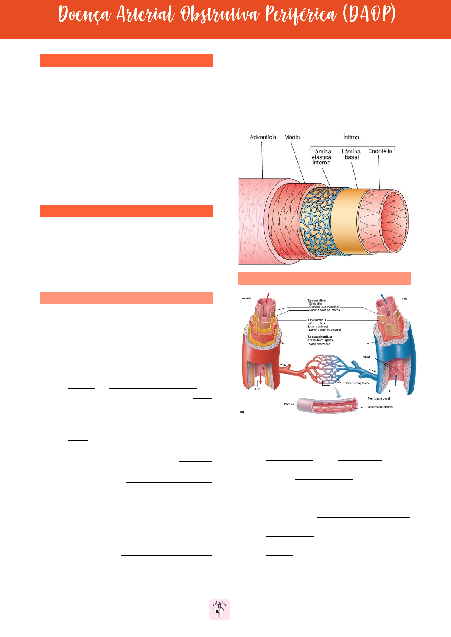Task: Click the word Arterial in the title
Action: point(145,15)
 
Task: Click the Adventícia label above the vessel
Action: point(263,137)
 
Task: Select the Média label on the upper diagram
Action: point(292,137)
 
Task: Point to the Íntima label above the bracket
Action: point(351,137)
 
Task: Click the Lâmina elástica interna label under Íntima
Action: point(321,157)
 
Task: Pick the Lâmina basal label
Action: point(351,154)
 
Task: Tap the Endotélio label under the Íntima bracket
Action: point(380,151)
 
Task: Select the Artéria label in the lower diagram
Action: point(247,298)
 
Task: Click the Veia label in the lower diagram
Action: point(404,299)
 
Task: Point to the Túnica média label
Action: point(317,320)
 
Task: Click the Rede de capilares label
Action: point(356,383)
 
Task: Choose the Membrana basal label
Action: point(379,398)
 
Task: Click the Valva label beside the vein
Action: point(367,357)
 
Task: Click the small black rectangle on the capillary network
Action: point(326,383)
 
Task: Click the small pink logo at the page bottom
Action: point(220,609)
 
